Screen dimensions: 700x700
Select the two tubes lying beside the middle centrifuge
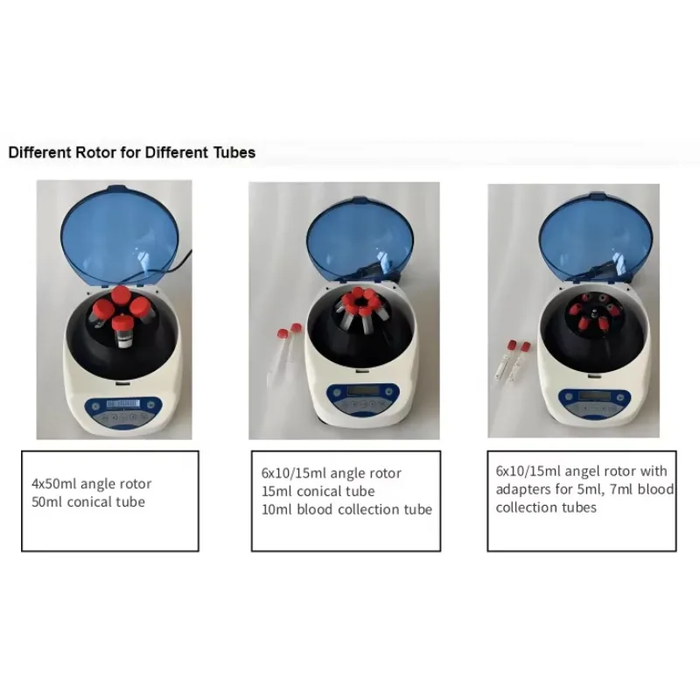click(287, 354)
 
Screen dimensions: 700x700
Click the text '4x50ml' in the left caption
click(51, 484)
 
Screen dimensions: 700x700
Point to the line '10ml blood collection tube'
click(346, 509)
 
